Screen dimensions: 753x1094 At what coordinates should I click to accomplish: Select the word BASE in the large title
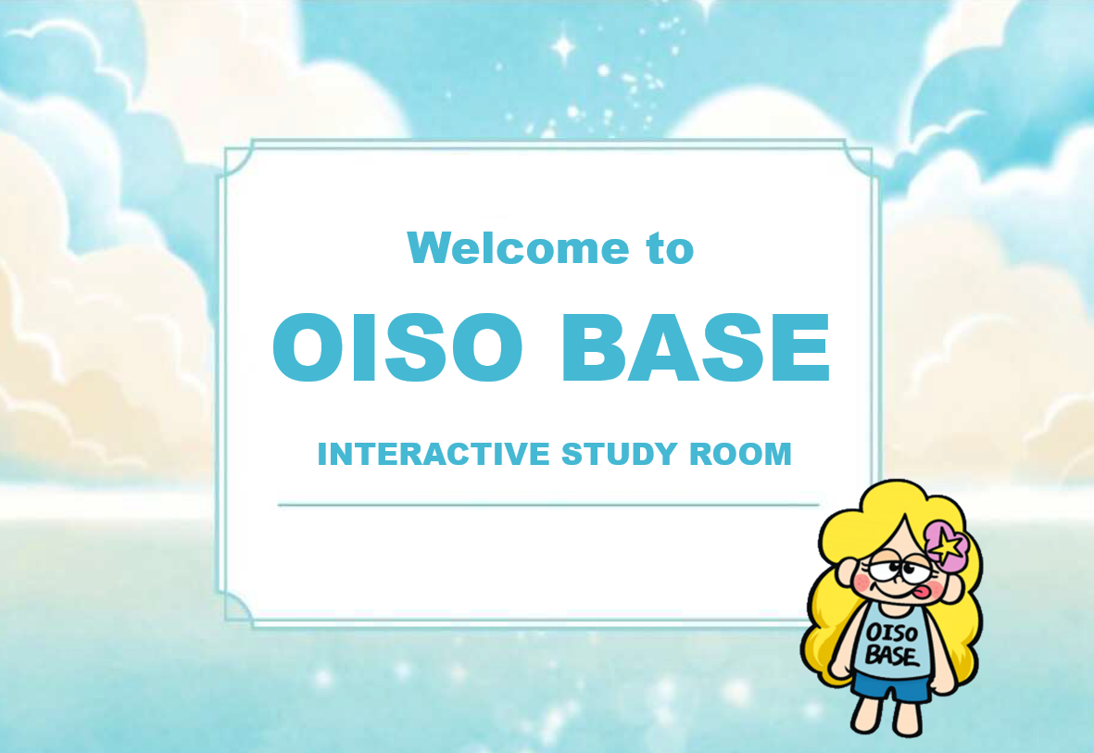point(695,348)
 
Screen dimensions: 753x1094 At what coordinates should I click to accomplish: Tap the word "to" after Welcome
point(670,248)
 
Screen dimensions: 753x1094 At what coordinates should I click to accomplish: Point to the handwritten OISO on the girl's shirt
point(893,633)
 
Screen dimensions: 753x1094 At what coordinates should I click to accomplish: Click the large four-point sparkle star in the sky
point(562,45)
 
